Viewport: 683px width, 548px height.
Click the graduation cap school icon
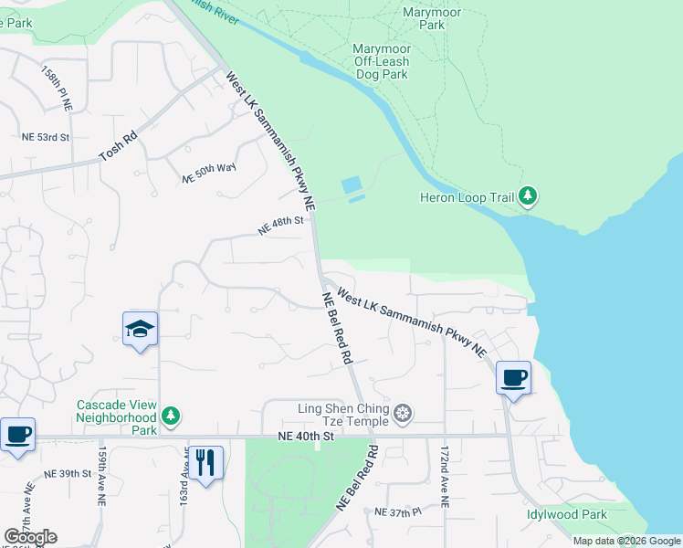[x=141, y=329]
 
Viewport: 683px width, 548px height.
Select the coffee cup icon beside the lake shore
[x=513, y=376]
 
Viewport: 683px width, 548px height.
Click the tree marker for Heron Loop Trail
[x=527, y=195]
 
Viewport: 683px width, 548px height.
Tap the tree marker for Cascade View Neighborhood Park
[x=170, y=416]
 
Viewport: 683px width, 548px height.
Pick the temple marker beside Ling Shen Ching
[x=402, y=416]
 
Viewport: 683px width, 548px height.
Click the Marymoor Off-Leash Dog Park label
[x=381, y=61]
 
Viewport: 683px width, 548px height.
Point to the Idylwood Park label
[x=566, y=514]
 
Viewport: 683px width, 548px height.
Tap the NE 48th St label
[x=280, y=225]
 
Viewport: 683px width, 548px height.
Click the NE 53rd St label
[x=46, y=137]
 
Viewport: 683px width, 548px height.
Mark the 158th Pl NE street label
[x=56, y=88]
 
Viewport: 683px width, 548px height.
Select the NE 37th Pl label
[x=398, y=512]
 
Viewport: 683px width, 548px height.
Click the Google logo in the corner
[x=30, y=537]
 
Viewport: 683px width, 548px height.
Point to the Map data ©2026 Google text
[x=626, y=541]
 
